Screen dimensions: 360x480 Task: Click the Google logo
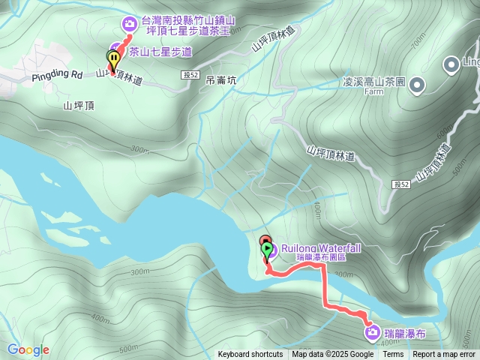coord(28,349)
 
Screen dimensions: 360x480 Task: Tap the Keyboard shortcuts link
coord(250,355)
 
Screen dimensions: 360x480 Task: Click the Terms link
coord(393,355)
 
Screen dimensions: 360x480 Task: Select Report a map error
coord(444,355)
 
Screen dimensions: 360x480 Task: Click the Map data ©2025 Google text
coord(333,355)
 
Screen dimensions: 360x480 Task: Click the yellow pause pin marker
coord(113,58)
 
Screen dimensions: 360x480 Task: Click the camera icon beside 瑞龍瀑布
coord(370,331)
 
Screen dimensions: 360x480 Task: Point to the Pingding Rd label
coord(57,76)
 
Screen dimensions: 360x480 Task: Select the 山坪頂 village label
coord(79,106)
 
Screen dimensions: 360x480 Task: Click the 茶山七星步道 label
coord(160,52)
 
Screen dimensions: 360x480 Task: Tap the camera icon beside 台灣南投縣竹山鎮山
coord(130,24)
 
